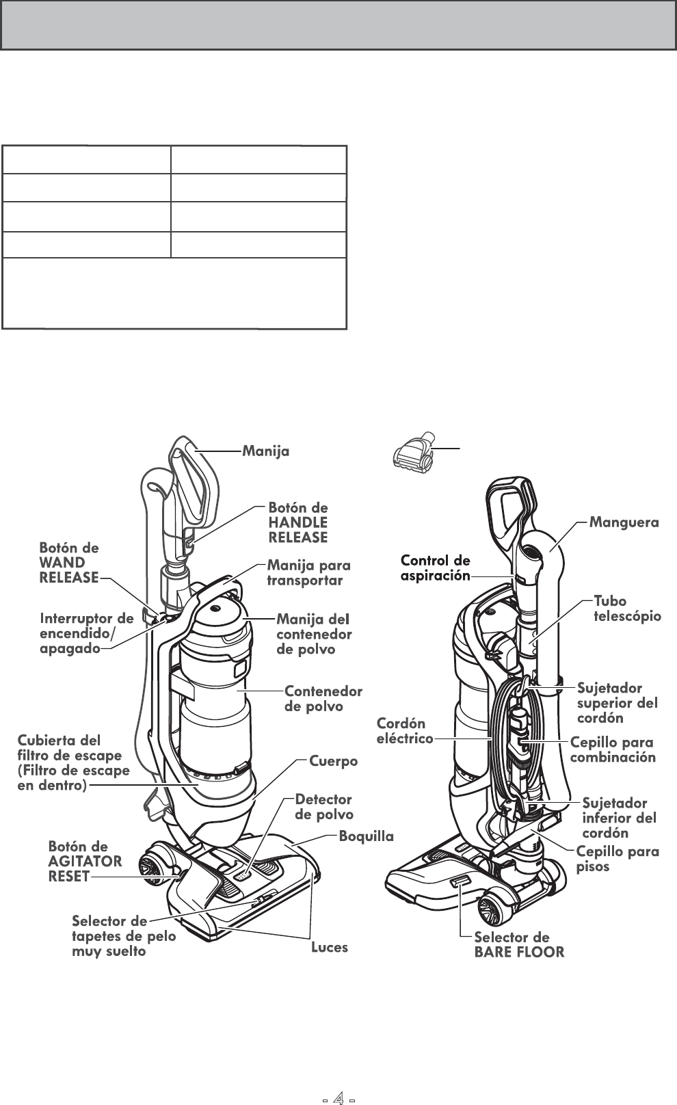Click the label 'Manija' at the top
click(x=266, y=451)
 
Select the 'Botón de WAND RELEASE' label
click(x=69, y=563)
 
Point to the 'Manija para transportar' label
click(x=308, y=573)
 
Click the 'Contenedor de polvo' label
click(x=323, y=699)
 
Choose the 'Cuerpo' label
click(x=334, y=760)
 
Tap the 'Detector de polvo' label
click(x=323, y=807)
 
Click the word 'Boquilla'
click(x=367, y=836)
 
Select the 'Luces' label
click(x=330, y=948)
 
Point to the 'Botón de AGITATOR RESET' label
click(x=85, y=862)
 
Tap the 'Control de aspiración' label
click(x=435, y=568)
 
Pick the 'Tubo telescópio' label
click(x=627, y=609)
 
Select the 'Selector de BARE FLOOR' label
click(x=519, y=944)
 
